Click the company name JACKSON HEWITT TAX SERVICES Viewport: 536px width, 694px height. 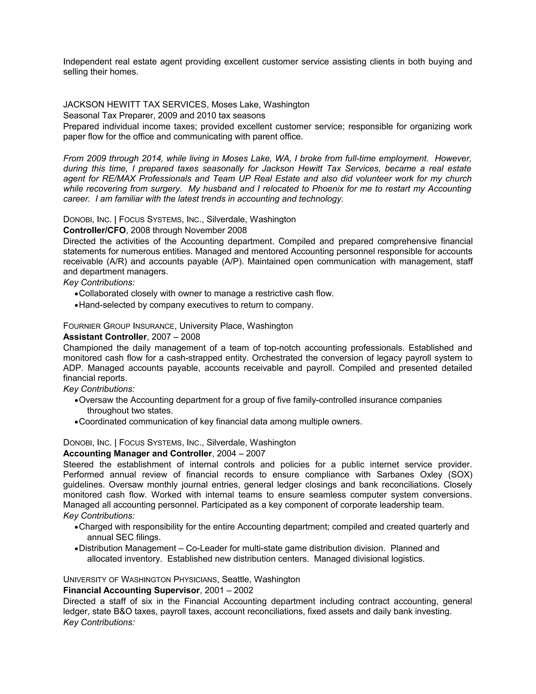[x=135, y=104]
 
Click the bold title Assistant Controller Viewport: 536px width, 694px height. [x=105, y=337]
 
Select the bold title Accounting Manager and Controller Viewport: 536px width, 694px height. [x=137, y=453]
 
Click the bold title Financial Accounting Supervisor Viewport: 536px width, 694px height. [x=131, y=590]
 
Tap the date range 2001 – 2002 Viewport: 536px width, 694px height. [x=229, y=590]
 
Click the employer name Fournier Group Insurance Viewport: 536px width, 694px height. [x=119, y=326]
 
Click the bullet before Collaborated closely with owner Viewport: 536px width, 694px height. [x=76, y=294]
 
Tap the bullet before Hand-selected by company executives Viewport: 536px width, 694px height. [x=76, y=305]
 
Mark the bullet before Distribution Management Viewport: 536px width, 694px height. [x=76, y=549]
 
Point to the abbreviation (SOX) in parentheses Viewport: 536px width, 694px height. [x=460, y=475]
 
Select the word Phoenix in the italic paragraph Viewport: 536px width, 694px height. [x=328, y=189]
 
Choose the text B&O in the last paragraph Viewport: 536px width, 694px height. [x=124, y=612]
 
